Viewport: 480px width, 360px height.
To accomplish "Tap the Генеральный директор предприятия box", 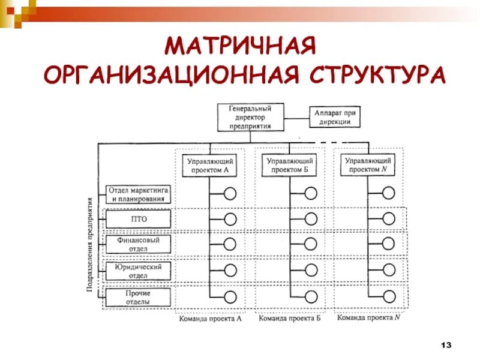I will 250,116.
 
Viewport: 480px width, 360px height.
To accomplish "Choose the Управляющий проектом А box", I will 209,165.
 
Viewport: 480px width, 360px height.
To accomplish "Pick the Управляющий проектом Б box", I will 290,165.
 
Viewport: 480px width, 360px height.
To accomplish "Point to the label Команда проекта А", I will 210,319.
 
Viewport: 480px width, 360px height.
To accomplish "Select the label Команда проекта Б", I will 290,319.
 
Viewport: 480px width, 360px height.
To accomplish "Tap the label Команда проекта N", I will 368,319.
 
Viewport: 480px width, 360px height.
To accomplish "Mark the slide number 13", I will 445,344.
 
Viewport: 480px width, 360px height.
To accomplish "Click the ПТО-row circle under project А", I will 230,219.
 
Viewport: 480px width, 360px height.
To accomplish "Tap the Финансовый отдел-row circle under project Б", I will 310,244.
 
